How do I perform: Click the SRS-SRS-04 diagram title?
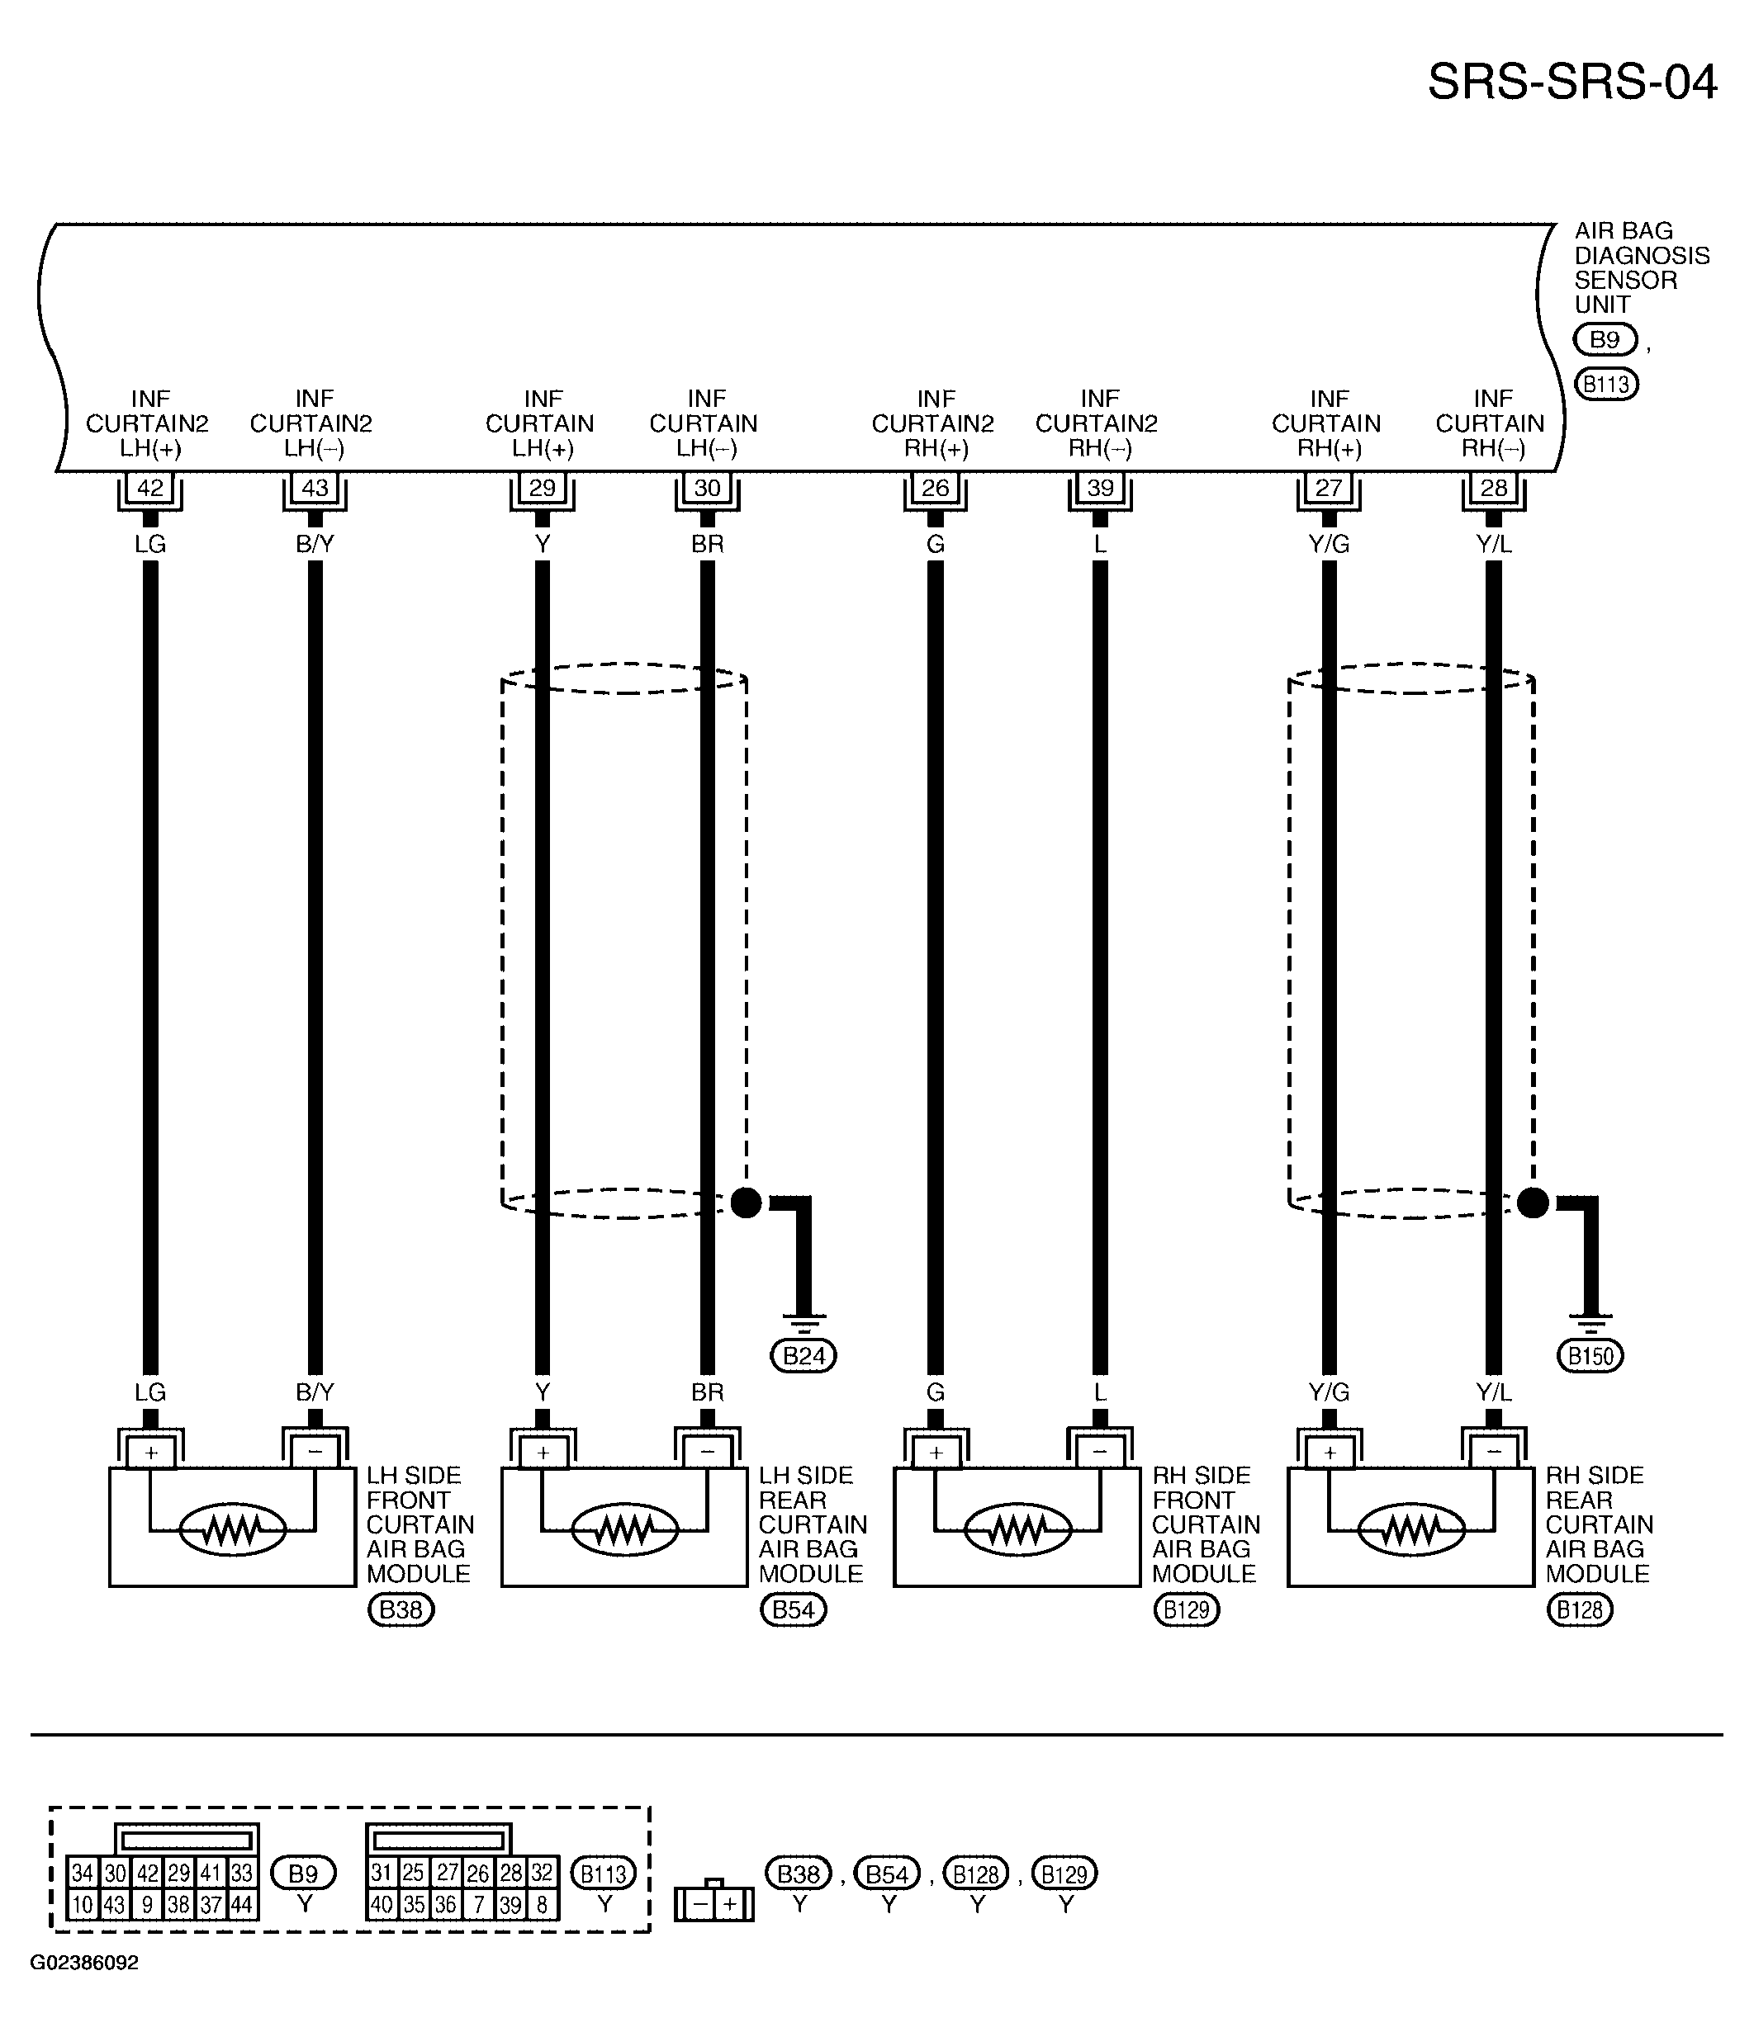point(1571,83)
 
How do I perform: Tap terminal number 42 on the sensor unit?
point(150,488)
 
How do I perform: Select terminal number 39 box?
point(1100,488)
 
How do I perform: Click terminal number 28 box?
point(1493,488)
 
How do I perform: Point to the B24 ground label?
point(804,1356)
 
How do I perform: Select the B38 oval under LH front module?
point(401,1609)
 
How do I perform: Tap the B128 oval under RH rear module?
point(1580,1609)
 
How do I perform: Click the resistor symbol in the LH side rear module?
point(624,1529)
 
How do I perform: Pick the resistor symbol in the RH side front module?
point(1017,1529)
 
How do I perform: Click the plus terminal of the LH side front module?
point(150,1453)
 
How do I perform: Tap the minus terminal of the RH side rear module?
point(1493,1453)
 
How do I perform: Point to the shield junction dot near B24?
point(747,1203)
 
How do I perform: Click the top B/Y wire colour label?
point(315,544)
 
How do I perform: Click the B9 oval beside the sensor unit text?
point(1605,339)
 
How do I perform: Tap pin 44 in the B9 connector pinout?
point(241,1906)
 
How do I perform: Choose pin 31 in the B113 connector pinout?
point(382,1874)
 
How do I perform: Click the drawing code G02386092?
point(84,1963)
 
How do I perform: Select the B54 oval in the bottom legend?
point(887,1874)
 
